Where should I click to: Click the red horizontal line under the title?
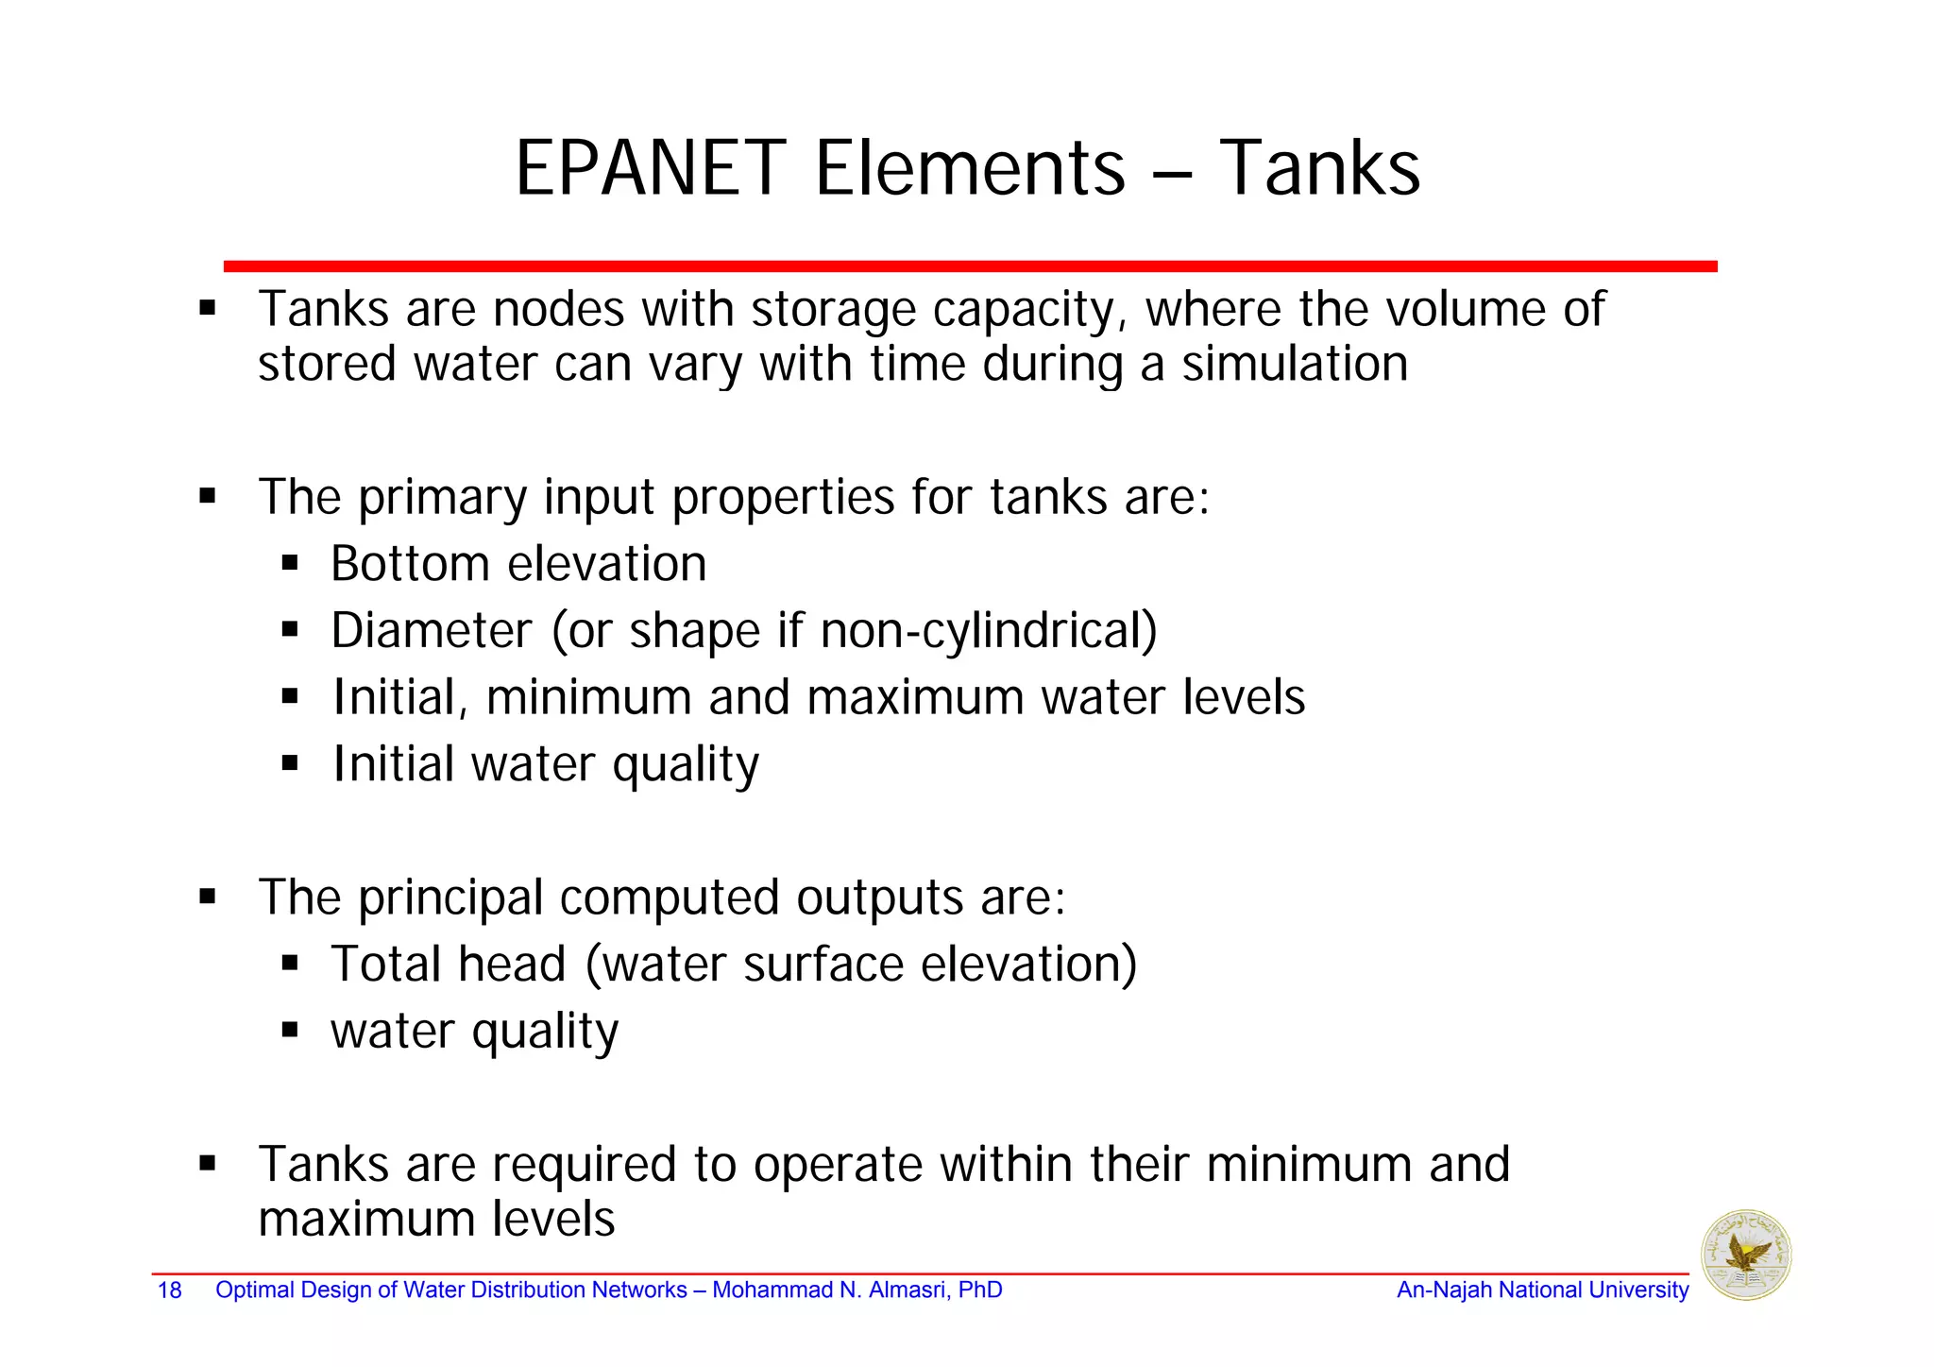pos(970,267)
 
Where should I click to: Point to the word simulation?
pos(1295,365)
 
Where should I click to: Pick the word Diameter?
pos(432,630)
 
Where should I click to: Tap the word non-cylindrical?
pos(989,630)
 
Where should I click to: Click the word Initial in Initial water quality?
pos(393,764)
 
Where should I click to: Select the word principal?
pos(450,897)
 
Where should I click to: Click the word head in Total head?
pos(512,965)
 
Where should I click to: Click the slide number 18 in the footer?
pos(169,1290)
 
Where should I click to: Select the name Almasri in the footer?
pos(905,1290)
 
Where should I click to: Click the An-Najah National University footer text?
pos(1542,1290)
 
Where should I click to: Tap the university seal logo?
pos(1746,1256)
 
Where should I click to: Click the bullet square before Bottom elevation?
pos(290,565)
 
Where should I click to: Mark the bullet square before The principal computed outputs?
pos(208,897)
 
